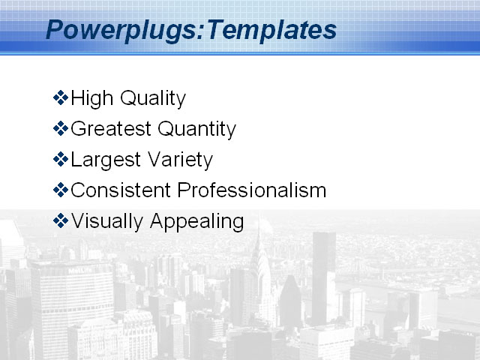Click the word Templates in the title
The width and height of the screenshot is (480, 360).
[x=271, y=30]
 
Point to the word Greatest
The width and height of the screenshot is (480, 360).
[x=110, y=129]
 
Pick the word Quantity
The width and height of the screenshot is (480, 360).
[x=196, y=130]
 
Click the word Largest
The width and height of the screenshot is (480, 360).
[x=101, y=160]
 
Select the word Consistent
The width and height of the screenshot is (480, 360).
[x=120, y=190]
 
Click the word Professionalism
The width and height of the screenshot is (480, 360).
[x=252, y=190]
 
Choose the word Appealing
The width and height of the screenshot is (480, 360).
[x=197, y=222]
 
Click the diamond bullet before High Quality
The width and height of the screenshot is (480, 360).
[x=61, y=97]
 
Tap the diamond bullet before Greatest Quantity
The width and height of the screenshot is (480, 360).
[x=61, y=128]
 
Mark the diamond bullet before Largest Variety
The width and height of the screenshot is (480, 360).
[x=61, y=159]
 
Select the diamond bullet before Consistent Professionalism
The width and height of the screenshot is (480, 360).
[x=61, y=190]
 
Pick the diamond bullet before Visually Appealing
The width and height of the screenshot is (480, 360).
[x=61, y=220]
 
